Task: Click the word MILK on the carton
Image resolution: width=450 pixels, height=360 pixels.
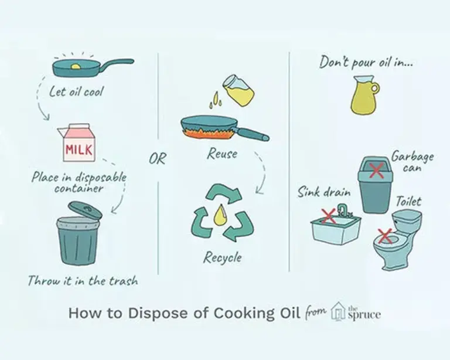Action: point(79,150)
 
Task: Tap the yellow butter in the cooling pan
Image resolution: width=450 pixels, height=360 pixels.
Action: point(76,67)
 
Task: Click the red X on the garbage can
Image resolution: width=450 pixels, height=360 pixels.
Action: point(376,170)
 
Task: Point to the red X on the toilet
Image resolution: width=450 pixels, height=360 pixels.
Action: point(385,236)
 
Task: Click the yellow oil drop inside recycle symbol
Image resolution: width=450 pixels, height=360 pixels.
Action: point(220,215)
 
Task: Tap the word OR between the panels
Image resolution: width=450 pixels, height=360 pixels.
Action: point(157,158)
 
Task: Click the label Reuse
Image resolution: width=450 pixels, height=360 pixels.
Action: point(223,154)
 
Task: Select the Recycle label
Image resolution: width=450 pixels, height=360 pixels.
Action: point(223,257)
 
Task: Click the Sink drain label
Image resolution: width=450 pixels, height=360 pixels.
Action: point(323,192)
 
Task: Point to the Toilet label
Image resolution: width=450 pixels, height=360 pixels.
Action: point(408,201)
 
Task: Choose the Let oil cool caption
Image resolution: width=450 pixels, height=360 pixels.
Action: point(76,92)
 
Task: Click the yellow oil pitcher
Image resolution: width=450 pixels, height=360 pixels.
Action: point(364,96)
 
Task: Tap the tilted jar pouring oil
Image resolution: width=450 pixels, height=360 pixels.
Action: point(239,90)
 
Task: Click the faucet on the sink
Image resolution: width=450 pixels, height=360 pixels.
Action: point(343,210)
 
